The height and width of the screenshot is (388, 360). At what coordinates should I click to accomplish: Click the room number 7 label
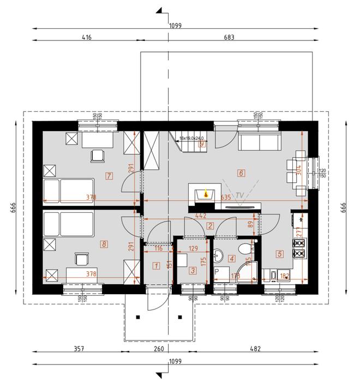pos(110,176)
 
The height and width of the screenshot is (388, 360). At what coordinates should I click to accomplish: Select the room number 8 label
pos(104,244)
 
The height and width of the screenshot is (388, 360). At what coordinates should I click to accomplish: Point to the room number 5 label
pos(280,253)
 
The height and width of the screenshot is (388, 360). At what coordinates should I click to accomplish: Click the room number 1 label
pos(157,266)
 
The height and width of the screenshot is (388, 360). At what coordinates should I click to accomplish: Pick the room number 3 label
pos(193,270)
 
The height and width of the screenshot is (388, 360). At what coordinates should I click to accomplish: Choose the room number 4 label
pos(232,259)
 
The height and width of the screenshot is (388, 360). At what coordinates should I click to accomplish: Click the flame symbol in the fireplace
pos(206,193)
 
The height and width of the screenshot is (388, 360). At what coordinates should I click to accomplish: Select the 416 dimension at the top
pos(87,38)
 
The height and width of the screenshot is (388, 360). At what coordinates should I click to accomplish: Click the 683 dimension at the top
pos(229,38)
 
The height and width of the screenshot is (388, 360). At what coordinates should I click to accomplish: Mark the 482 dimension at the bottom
pos(255,349)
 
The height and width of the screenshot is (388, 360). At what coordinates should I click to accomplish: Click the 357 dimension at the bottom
pos(80,349)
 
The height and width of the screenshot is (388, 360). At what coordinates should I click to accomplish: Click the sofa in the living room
pos(259,141)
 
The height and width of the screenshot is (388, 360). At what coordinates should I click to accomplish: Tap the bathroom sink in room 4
pos(220,255)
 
